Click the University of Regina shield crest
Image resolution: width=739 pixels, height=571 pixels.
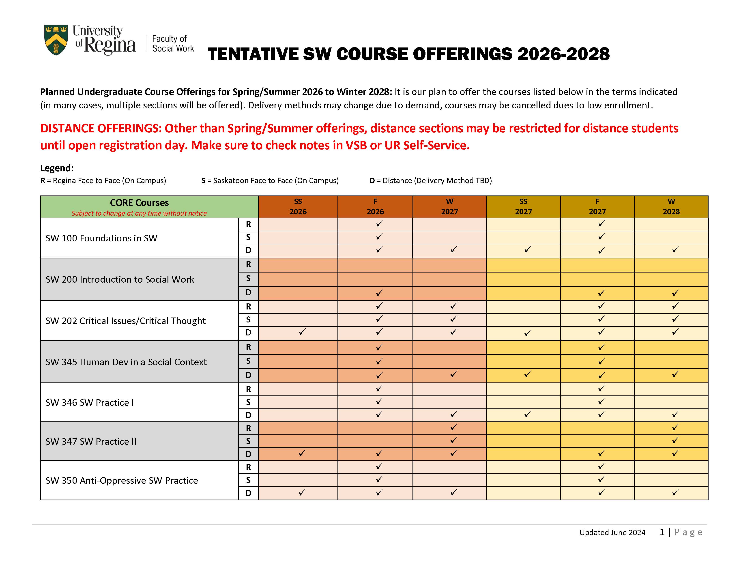[56, 40]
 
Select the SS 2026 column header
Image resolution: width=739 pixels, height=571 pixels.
[298, 207]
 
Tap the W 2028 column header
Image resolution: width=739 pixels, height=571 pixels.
[671, 207]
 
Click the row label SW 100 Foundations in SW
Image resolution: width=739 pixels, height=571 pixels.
[101, 238]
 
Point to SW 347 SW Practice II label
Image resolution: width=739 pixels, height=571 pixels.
[91, 441]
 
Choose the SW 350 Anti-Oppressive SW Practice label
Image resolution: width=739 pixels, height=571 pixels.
[121, 480]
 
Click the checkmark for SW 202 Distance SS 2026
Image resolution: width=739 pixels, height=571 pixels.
[302, 332]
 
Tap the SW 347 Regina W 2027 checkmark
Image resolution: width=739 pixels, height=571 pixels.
[453, 427]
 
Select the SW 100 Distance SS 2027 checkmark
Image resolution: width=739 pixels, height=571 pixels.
[527, 250]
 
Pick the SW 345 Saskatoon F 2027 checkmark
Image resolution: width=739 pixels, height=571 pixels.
[601, 361]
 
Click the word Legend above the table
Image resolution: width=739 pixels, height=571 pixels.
[56, 168]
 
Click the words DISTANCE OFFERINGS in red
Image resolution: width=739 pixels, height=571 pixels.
[101, 129]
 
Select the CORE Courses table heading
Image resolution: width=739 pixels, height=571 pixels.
[139, 203]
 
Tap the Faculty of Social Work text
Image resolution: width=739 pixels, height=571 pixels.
[173, 44]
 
